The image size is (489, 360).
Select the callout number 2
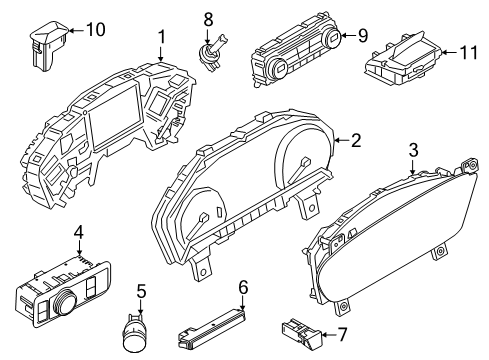[356, 141]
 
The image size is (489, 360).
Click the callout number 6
[242, 287]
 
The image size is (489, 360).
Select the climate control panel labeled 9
[295, 56]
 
